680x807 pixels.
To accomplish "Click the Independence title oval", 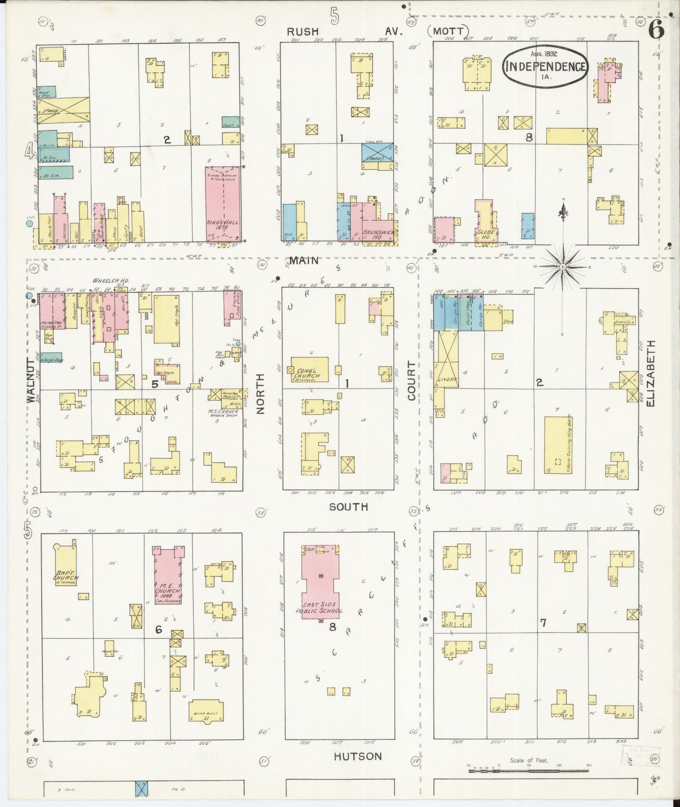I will pos(545,66).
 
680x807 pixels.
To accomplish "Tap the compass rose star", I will pos(563,267).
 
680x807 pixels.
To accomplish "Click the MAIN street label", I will pos(304,260).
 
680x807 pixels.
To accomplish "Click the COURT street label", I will pos(412,380).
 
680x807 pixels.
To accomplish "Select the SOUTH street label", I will pos(348,507).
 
